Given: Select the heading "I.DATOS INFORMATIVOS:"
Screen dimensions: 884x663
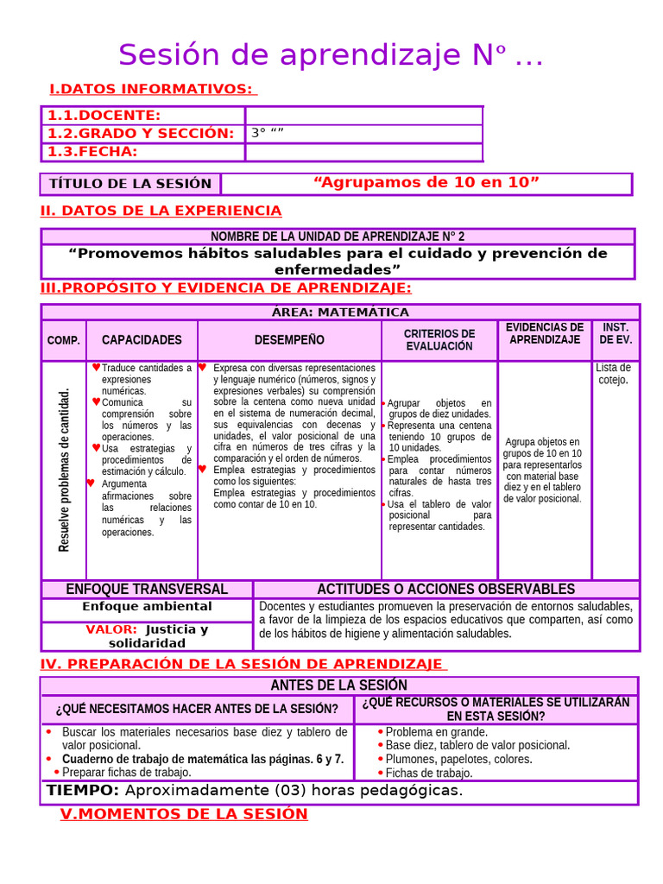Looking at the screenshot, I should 152,89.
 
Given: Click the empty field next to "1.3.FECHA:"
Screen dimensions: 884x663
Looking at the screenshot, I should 363,152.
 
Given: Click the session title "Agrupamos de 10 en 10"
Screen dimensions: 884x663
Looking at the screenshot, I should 426,182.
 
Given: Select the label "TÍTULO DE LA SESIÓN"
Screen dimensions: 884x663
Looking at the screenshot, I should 130,183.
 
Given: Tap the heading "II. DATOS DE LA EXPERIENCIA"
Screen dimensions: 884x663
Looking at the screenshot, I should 161,211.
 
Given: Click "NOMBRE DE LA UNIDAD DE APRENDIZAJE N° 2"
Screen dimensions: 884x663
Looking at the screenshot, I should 338,237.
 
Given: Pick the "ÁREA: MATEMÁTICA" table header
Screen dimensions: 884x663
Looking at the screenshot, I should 340,312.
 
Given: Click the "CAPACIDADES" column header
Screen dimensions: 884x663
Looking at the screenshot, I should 142,340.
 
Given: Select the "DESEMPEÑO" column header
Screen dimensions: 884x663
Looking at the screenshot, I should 289,340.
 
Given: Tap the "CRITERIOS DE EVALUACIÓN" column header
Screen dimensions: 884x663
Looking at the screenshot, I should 439,340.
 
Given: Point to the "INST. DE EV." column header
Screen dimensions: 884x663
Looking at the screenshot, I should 616,333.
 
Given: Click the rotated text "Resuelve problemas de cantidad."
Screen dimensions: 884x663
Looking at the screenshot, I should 64,470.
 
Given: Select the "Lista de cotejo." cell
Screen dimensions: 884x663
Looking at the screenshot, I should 614,374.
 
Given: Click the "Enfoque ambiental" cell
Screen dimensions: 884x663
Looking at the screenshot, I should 147,606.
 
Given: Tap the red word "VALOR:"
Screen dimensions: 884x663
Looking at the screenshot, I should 111,629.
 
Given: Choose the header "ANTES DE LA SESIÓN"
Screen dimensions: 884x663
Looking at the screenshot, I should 339,685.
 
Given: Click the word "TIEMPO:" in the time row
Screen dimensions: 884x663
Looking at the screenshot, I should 83,791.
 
